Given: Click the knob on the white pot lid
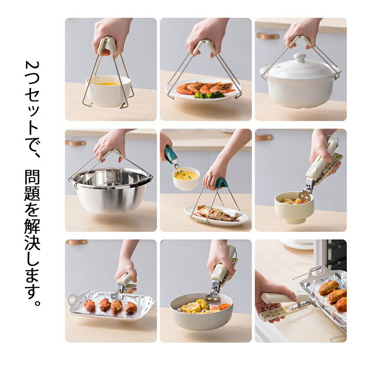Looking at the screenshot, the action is pyautogui.click(x=299, y=57).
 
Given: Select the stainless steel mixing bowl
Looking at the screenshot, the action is pyautogui.click(x=111, y=189).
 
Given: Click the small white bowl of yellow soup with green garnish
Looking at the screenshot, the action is pyautogui.click(x=186, y=178).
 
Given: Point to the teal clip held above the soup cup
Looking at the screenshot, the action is pyautogui.click(x=171, y=154).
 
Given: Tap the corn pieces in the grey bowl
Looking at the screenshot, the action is pyautogui.click(x=195, y=306).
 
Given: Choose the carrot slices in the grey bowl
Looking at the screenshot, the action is pyautogui.click(x=224, y=306).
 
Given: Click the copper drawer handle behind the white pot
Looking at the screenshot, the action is pyautogui.click(x=267, y=36).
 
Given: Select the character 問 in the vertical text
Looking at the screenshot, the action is pyautogui.click(x=32, y=177).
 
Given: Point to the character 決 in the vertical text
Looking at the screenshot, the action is pyautogui.click(x=32, y=242).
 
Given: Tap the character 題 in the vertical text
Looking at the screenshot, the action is pyautogui.click(x=32, y=193).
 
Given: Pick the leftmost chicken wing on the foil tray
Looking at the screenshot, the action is pyautogui.click(x=89, y=305).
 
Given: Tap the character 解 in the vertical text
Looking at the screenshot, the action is pyautogui.click(x=32, y=225).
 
